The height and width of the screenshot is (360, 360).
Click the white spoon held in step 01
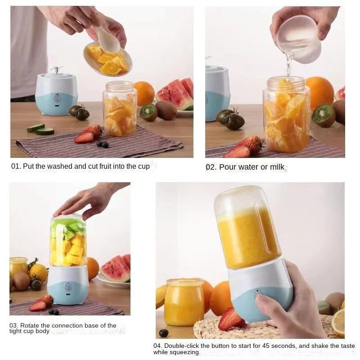point(107,40)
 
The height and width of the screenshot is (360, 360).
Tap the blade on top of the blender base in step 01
point(56,70)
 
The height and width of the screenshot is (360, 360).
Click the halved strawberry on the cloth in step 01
point(84,138)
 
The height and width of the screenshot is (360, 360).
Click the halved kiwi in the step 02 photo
point(324,115)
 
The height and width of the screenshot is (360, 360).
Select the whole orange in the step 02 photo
point(319,92)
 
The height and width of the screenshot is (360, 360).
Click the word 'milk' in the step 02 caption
point(277,167)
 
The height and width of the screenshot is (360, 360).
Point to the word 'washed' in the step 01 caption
point(50,166)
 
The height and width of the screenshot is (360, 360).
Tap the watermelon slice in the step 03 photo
point(115,269)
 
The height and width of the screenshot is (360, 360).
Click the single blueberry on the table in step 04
point(164,333)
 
